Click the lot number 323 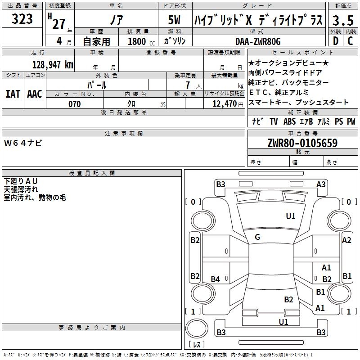22,18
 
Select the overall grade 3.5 343,20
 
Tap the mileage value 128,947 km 53,65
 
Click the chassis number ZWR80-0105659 302,143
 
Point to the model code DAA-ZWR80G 258,41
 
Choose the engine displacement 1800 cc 141,41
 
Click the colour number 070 75,104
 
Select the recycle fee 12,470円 228,104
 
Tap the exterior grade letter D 336,41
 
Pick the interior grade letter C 350,41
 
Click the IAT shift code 13,94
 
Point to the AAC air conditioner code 35,94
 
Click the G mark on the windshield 257,237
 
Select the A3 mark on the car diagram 321,184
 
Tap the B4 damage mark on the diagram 216,279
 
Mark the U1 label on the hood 290,216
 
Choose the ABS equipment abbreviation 289,121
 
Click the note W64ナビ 23,143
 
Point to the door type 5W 174,20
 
